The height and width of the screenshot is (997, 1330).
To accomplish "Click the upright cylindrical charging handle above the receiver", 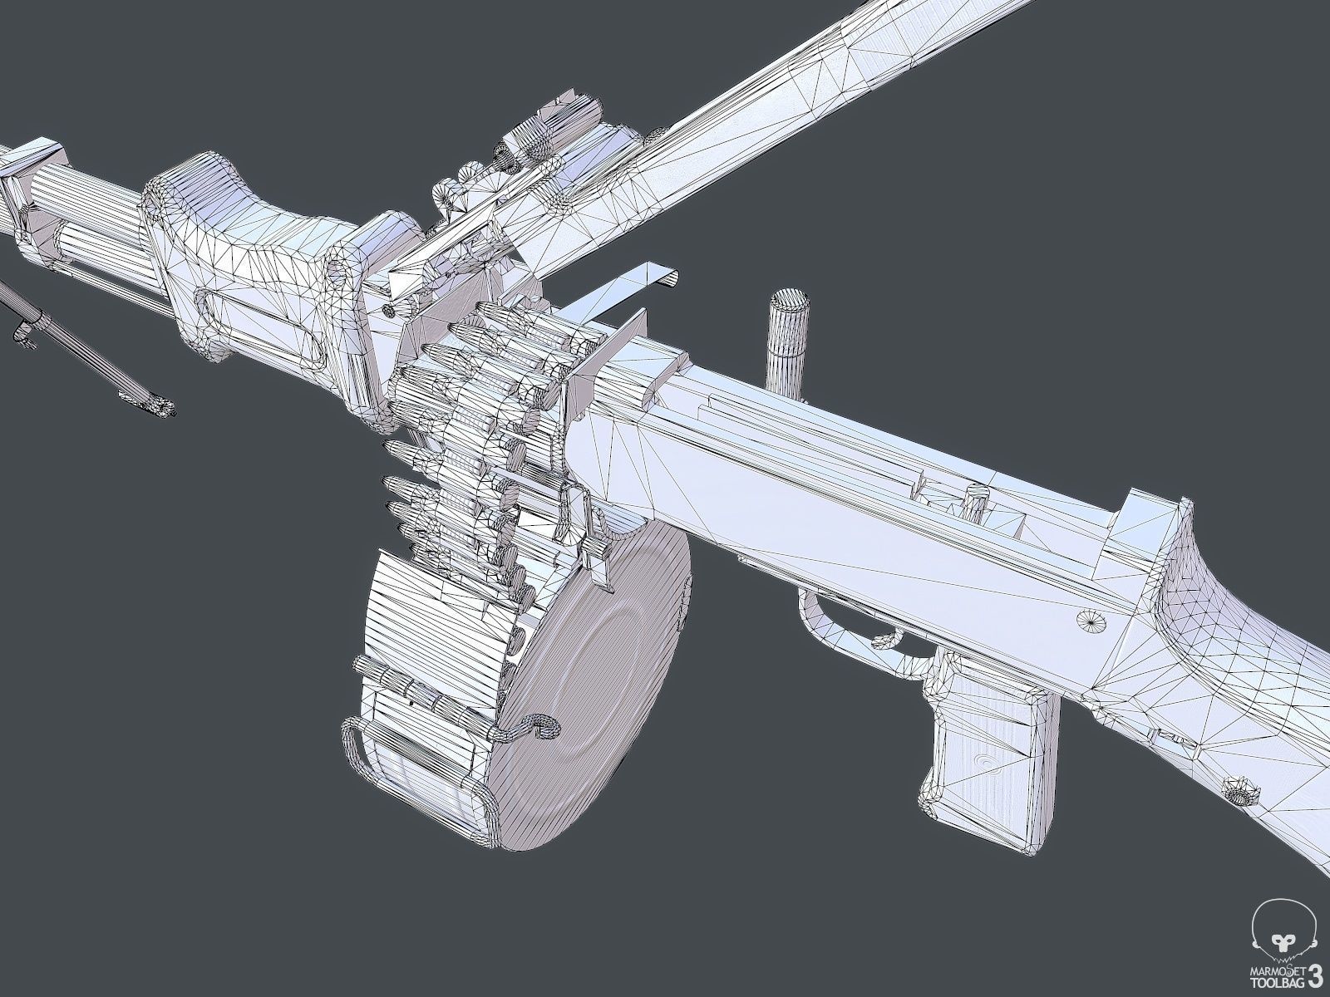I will (787, 332).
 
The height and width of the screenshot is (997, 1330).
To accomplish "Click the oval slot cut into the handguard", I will (258, 327).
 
